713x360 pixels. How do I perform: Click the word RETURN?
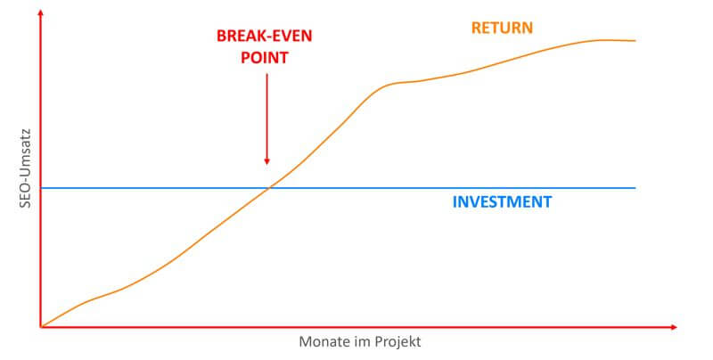(503, 28)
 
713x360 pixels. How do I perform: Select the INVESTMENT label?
(502, 201)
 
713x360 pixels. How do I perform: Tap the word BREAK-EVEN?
(266, 37)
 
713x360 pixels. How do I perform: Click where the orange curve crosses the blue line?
(269, 188)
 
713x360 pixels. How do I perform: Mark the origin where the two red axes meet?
(41, 327)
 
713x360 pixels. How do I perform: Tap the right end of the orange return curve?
(635, 41)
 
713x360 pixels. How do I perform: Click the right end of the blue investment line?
(635, 188)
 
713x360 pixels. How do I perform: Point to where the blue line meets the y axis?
(41, 188)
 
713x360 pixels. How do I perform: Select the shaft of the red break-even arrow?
(266, 116)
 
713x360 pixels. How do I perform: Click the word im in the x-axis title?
(361, 342)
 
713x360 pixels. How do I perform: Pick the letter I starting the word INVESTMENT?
(455, 201)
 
